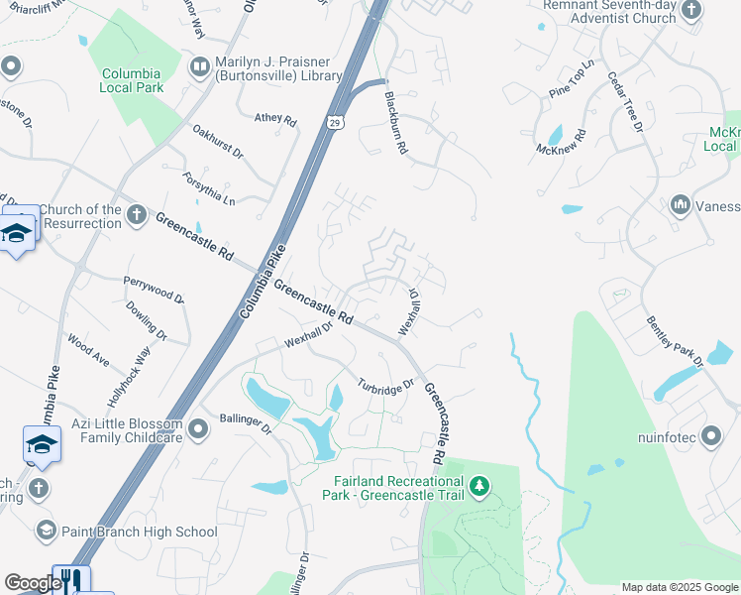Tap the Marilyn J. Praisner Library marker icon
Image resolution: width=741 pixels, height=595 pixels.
click(198, 66)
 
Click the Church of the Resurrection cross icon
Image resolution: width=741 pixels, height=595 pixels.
click(137, 215)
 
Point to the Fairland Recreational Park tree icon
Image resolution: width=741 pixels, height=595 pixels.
click(479, 486)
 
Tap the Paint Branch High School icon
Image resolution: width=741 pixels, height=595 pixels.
click(46, 532)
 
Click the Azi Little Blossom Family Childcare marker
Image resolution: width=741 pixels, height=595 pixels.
click(199, 429)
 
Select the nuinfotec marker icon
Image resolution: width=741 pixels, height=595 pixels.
click(711, 435)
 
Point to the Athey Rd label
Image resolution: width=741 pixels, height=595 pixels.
click(275, 119)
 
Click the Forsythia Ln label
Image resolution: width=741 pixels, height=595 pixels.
click(209, 186)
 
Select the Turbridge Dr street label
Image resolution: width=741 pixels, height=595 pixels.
click(383, 386)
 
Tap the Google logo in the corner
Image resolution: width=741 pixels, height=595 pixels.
click(33, 583)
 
